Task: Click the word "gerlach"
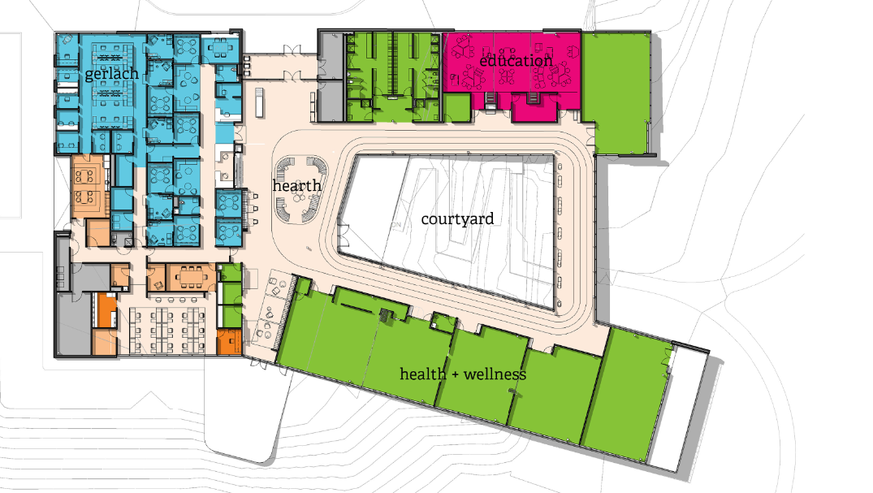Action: pos(111,74)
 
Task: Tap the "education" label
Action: pos(516,60)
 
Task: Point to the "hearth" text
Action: pos(296,185)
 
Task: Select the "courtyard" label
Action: pos(457,219)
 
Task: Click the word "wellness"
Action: pos(495,374)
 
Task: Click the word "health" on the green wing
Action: pos(422,374)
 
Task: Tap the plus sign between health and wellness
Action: pos(455,375)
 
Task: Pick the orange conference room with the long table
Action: pos(191,276)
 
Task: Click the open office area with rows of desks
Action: pos(167,331)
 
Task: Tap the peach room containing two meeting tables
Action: pos(87,186)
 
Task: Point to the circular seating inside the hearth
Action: pos(299,190)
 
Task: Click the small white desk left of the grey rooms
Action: pos(259,102)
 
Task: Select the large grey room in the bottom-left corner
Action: pos(73,324)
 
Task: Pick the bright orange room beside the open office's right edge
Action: pos(229,342)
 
